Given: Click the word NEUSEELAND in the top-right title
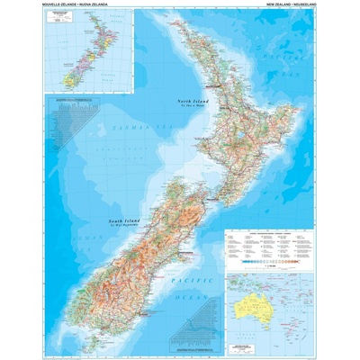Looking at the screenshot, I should click(x=298, y=5).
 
